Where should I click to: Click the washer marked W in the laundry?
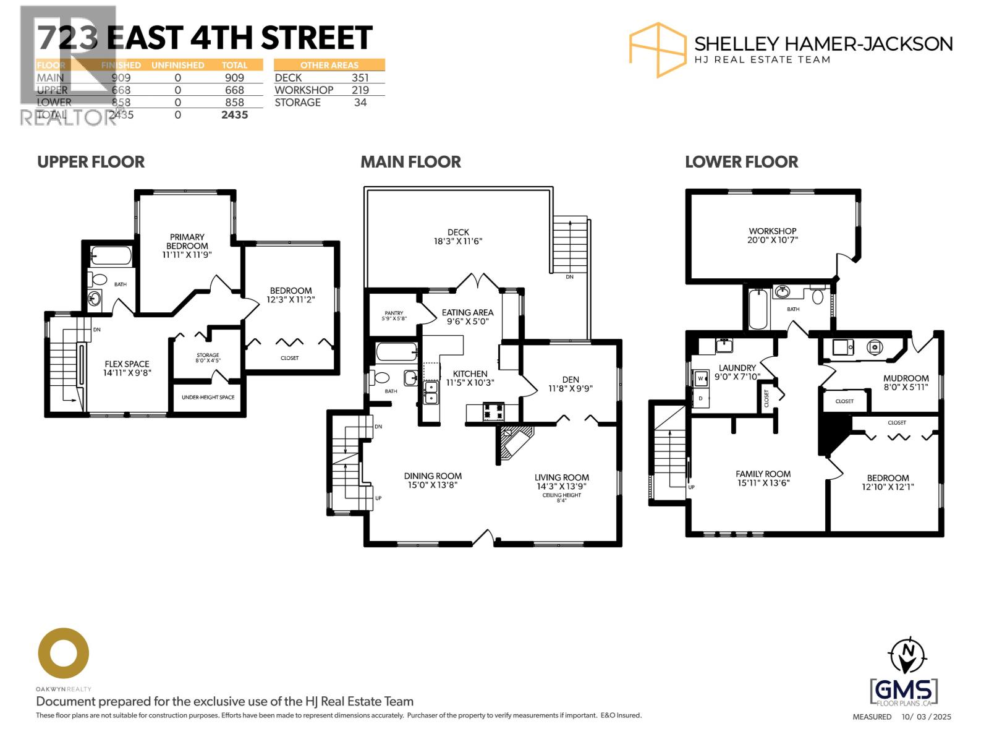(701, 378)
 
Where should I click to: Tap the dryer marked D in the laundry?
(701, 398)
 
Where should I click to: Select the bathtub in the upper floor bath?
(111, 255)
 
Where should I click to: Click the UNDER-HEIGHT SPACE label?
(208, 397)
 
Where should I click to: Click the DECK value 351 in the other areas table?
(360, 78)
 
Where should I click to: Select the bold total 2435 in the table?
(234, 115)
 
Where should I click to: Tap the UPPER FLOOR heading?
(91, 162)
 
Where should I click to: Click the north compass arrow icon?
(908, 655)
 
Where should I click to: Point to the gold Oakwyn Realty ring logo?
(63, 653)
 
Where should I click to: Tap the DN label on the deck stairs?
(569, 277)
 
